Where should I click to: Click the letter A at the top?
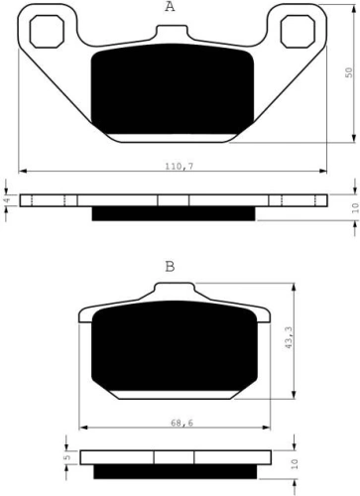coord(170,6)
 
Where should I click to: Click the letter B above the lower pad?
coord(170,266)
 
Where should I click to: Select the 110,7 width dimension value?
coord(180,167)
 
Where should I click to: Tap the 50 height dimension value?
coord(349,72)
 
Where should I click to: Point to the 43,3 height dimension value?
coord(289,337)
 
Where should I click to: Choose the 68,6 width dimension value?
coord(181,423)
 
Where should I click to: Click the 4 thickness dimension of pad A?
coord(8,199)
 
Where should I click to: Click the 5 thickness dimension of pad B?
coord(68,457)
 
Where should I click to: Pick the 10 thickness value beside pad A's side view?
coord(355,207)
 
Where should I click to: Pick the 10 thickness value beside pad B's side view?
coord(296,464)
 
